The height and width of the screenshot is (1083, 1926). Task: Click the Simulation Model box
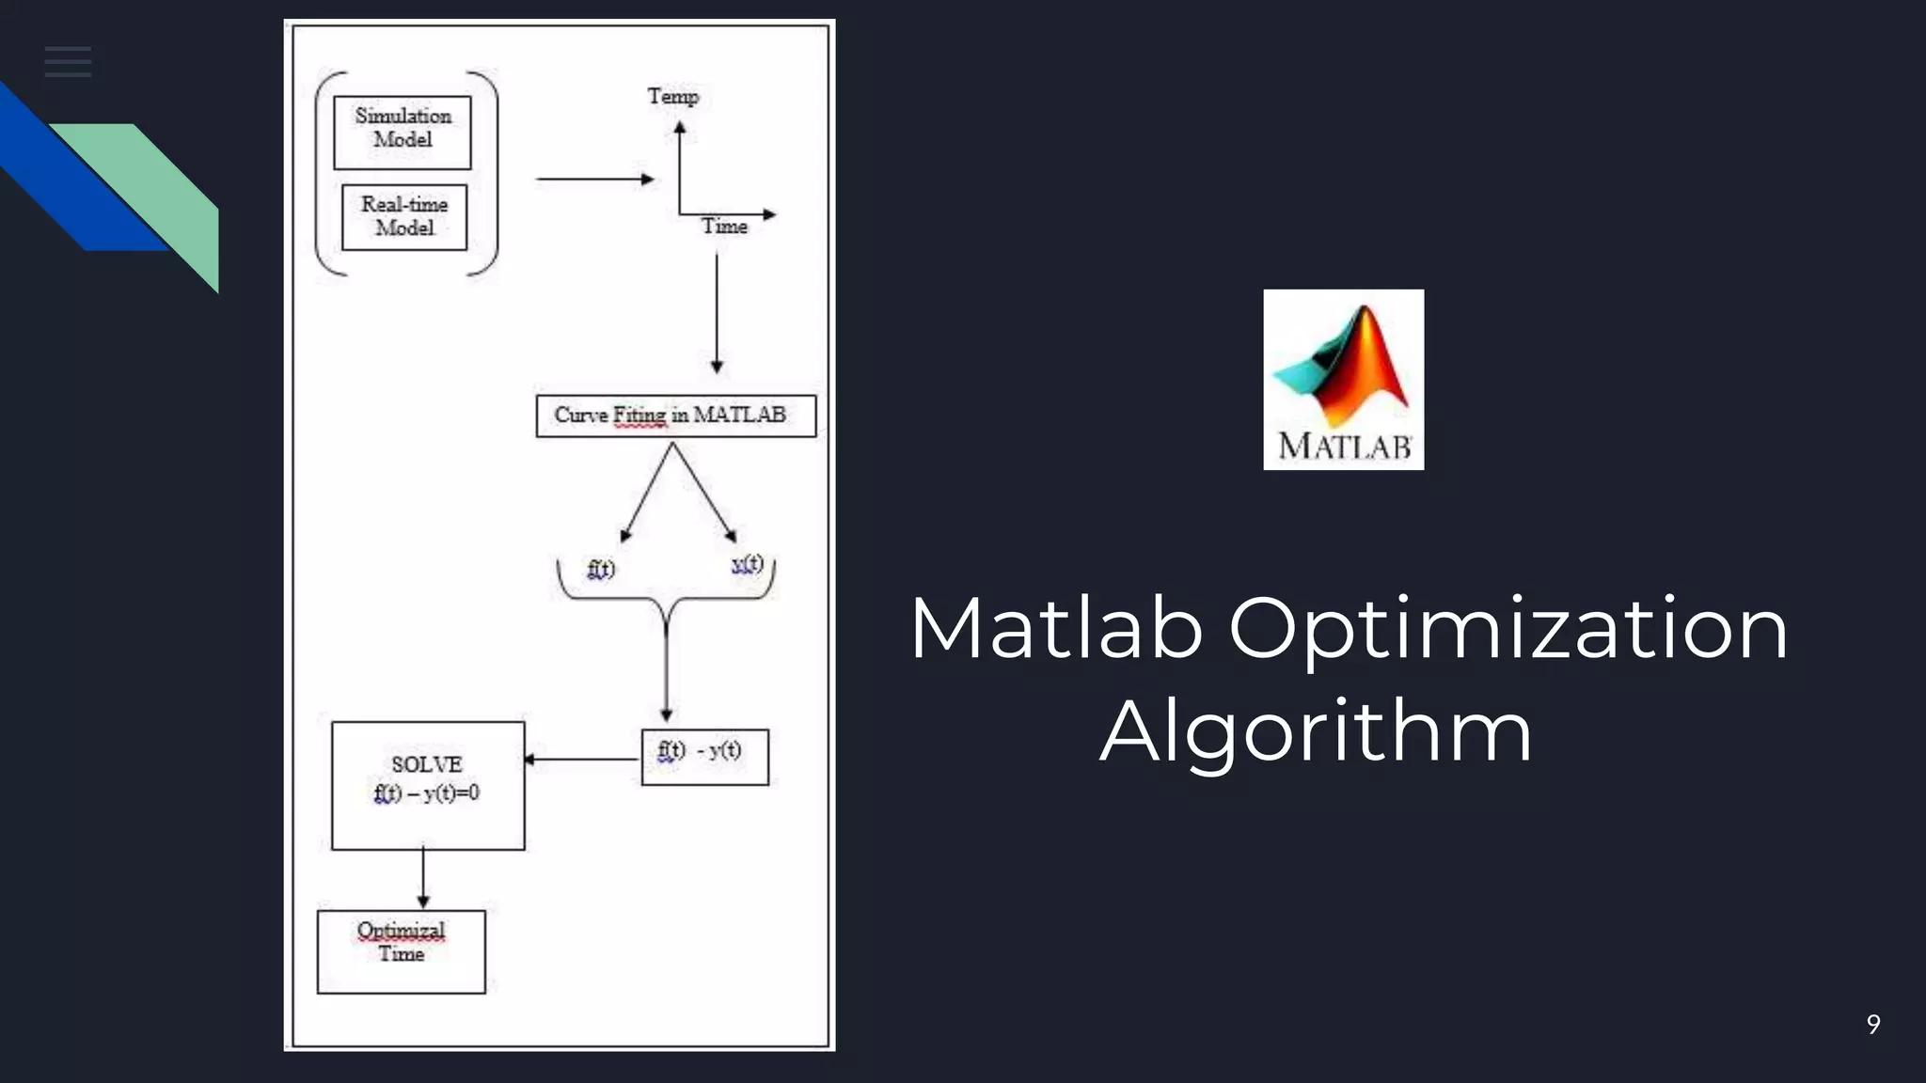pyautogui.click(x=403, y=132)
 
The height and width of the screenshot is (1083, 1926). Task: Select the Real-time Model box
pyautogui.click(x=404, y=217)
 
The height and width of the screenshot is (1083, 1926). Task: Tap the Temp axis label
pyautogui.click(x=672, y=97)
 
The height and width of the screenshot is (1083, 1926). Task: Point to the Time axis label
pyautogui.click(x=724, y=227)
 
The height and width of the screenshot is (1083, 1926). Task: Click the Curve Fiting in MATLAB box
pyautogui.click(x=675, y=416)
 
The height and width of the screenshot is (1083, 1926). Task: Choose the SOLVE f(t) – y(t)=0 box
pyautogui.click(x=428, y=785)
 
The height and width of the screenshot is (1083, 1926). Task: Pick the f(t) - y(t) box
pyautogui.click(x=704, y=756)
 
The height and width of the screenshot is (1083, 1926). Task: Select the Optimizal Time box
pyautogui.click(x=402, y=950)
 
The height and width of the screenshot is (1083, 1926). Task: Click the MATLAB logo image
pyautogui.click(x=1343, y=380)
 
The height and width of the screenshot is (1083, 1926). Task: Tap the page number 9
pyautogui.click(x=1873, y=1024)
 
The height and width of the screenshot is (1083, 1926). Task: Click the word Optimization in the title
pyautogui.click(x=1508, y=628)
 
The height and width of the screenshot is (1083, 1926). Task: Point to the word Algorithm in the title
pyautogui.click(x=1317, y=731)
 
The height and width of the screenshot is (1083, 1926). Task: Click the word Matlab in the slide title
pyautogui.click(x=1056, y=628)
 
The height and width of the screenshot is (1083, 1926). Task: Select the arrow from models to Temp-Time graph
pyautogui.click(x=594, y=179)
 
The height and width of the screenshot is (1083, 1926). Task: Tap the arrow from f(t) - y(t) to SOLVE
pyautogui.click(x=581, y=759)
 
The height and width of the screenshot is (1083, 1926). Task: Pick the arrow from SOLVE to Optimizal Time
pyautogui.click(x=423, y=878)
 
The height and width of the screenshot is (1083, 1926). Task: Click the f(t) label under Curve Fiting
pyautogui.click(x=601, y=569)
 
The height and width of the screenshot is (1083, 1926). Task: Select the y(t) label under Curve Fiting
pyautogui.click(x=748, y=564)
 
